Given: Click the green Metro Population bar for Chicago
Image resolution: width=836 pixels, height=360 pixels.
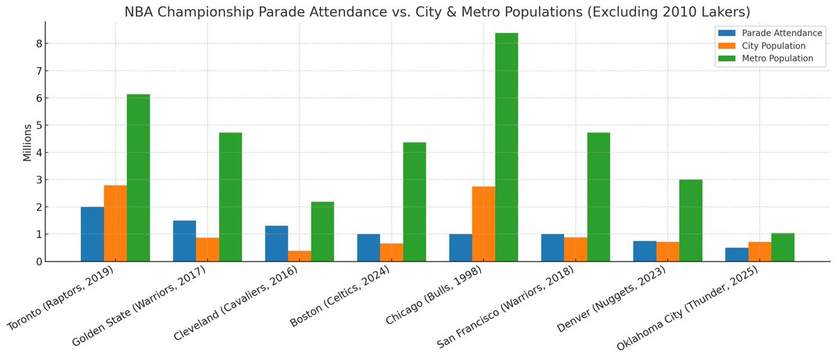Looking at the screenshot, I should [x=506, y=147].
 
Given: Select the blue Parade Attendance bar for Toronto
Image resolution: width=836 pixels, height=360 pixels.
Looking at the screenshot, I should [x=92, y=234].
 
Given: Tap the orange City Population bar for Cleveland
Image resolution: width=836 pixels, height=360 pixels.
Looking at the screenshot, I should [x=300, y=256].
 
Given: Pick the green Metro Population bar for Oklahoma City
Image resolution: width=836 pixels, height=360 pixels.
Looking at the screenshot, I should [x=782, y=247].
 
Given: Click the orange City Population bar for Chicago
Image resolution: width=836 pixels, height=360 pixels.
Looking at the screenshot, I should [x=483, y=224].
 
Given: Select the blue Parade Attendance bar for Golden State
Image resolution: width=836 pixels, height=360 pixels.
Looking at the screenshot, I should [x=184, y=241].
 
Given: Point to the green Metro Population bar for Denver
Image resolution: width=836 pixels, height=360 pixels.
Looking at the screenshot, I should [x=690, y=220].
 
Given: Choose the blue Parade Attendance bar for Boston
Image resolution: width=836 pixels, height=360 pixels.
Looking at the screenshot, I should [x=369, y=248].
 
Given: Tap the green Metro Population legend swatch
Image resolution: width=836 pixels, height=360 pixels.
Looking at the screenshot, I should [x=727, y=58].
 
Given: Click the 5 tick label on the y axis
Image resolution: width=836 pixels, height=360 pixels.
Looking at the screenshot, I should [x=39, y=125].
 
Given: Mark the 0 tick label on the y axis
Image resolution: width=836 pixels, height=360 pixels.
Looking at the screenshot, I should [x=39, y=262].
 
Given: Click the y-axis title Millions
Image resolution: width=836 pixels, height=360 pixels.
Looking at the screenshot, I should [x=27, y=142].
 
